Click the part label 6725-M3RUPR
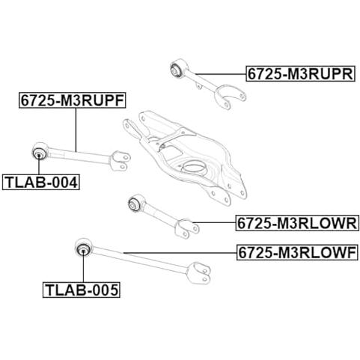pyautogui.click(x=300, y=74)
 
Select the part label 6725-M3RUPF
pyautogui.click(x=73, y=100)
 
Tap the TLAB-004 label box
pyautogui.click(x=41, y=183)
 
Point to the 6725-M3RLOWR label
pyautogui.click(x=297, y=223)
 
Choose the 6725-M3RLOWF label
pyautogui.click(x=297, y=253)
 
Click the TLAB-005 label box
pyautogui.click(x=82, y=290)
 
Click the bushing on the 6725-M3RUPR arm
pyautogui.click(x=177, y=69)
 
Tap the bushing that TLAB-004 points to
pyautogui.click(x=39, y=153)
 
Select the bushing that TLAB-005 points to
pyautogui.click(x=83, y=249)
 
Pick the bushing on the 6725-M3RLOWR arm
pyautogui.click(x=134, y=204)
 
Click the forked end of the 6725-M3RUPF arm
pyautogui.click(x=120, y=160)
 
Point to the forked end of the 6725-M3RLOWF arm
pyautogui.click(x=200, y=272)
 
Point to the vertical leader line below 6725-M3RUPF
pyautogui.click(x=76, y=129)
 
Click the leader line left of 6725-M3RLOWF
pyautogui.click(x=180, y=253)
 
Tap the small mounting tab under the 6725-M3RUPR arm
pyautogui.click(x=198, y=85)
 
